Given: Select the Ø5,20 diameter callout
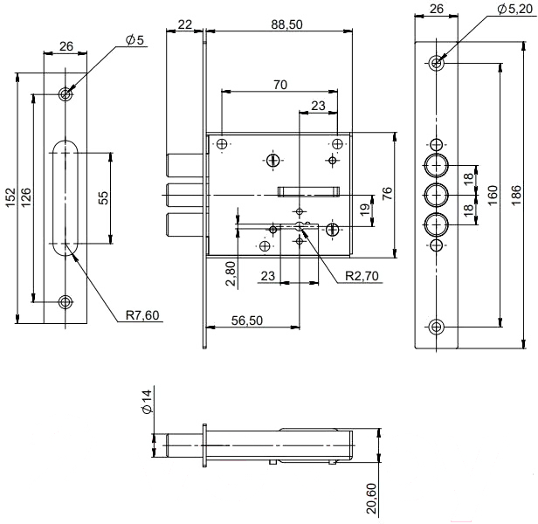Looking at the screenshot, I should [514, 8].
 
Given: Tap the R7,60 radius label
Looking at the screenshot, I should [141, 314].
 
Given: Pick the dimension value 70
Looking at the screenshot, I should [280, 85].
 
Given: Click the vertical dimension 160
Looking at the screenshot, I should [493, 192].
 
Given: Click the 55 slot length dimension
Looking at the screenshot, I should [103, 198].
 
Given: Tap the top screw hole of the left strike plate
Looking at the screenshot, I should [66, 93].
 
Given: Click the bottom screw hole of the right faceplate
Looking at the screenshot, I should [438, 326].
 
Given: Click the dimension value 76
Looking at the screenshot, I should [388, 191].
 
